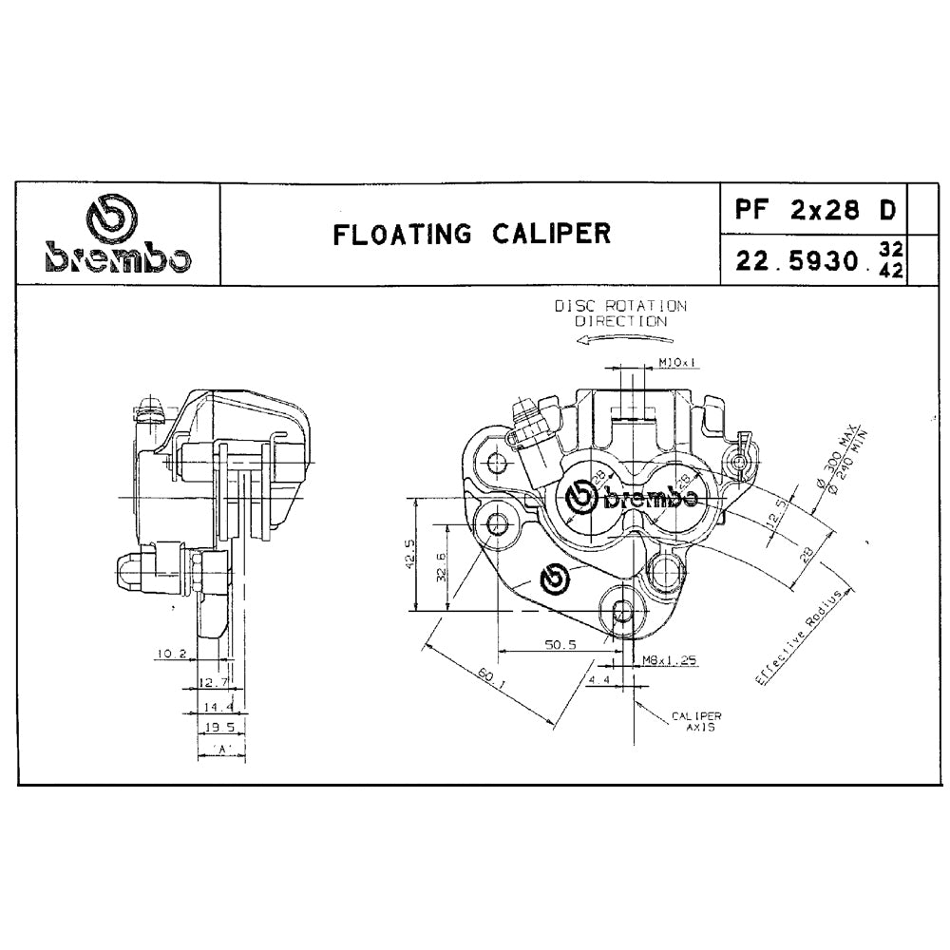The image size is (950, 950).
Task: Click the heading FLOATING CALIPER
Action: (471, 234)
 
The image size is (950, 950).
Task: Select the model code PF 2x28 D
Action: (815, 208)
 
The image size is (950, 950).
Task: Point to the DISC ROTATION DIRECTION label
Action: (620, 313)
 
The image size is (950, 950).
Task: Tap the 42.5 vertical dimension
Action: (409, 554)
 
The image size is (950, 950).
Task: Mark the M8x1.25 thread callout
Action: (670, 659)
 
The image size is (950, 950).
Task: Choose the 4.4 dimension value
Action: (598, 681)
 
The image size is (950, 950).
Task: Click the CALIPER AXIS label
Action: (696, 721)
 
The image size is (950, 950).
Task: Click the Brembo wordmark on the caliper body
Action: (631, 498)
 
